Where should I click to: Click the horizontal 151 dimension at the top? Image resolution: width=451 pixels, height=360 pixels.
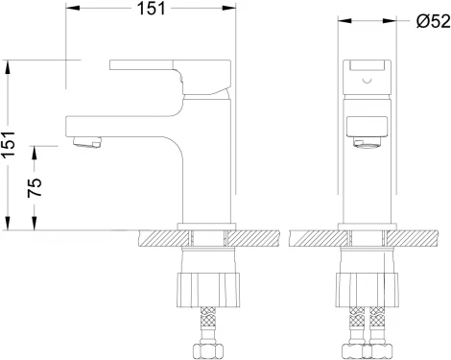[151, 9]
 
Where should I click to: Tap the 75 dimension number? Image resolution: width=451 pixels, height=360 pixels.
[35, 187]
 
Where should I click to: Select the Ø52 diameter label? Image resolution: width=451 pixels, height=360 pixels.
[434, 21]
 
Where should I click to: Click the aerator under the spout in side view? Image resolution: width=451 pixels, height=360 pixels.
[87, 142]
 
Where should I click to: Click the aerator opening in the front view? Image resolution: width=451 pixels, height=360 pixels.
[367, 142]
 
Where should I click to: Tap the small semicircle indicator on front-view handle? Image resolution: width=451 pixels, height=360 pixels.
[368, 81]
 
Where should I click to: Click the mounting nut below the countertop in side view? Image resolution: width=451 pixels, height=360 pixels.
[208, 290]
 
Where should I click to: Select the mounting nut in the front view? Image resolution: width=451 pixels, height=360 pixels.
[368, 290]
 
